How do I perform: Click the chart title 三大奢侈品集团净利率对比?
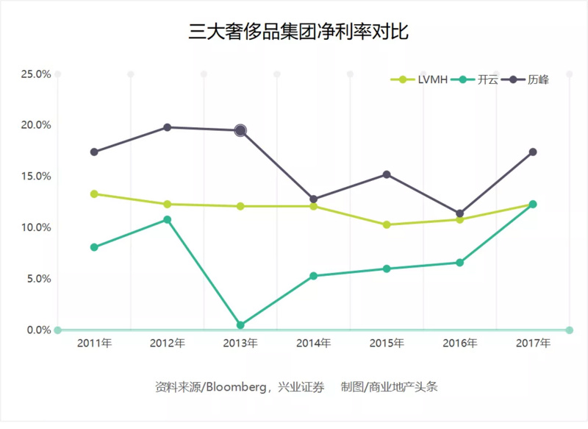tap(298, 33)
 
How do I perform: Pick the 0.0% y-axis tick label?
tap(38, 330)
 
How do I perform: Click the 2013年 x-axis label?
tap(240, 344)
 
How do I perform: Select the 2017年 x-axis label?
tap(533, 344)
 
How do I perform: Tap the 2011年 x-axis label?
tap(94, 344)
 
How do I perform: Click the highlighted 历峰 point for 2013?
tap(240, 130)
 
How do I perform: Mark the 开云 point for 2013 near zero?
tap(240, 325)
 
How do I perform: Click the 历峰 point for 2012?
tap(168, 127)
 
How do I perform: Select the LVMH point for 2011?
tap(94, 194)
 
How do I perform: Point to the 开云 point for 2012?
tap(168, 219)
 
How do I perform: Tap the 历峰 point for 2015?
tap(387, 174)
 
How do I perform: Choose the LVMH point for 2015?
tap(387, 224)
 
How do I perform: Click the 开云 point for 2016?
tap(460, 262)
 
